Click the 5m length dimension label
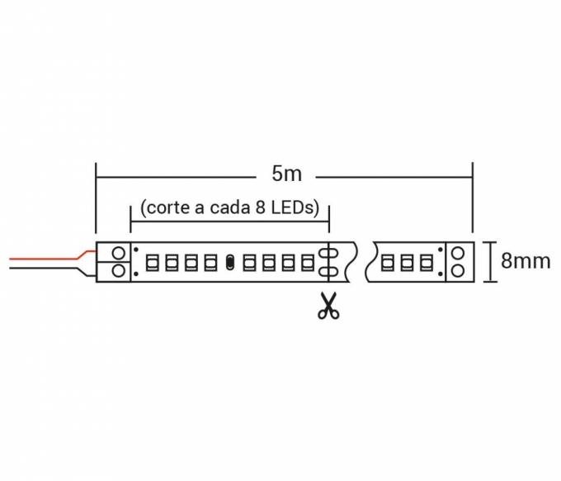coord(286,174)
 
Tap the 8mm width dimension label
coord(526,261)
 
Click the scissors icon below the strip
coord(328,306)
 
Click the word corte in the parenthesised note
coord(168,208)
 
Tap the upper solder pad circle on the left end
coord(119,253)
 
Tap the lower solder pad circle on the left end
coord(119,270)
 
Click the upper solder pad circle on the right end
coord(458,254)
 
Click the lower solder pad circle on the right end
coord(458,270)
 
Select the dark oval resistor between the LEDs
coord(230,262)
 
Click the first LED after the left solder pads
coord(153,263)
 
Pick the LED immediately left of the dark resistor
coord(210,263)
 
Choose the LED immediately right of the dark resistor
coord(250,263)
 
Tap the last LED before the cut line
coord(308,263)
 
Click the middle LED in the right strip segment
coord(407,263)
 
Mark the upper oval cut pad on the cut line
coord(328,254)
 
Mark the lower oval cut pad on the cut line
coord(328,271)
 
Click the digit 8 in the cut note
coord(261,207)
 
